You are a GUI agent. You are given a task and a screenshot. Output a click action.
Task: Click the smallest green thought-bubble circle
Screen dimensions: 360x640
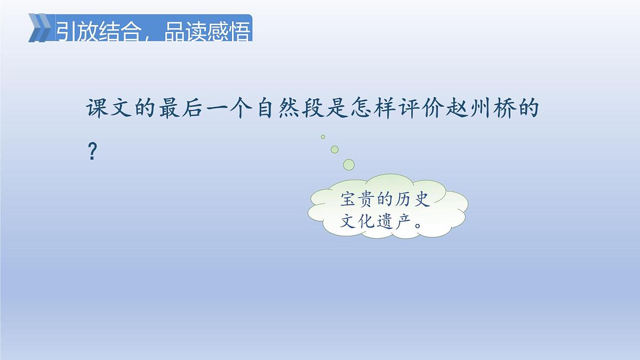point(323,137)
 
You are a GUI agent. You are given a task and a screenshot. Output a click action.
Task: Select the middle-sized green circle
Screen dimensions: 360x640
point(334,149)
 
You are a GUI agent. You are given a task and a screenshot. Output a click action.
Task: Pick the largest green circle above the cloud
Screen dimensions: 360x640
point(349,164)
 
